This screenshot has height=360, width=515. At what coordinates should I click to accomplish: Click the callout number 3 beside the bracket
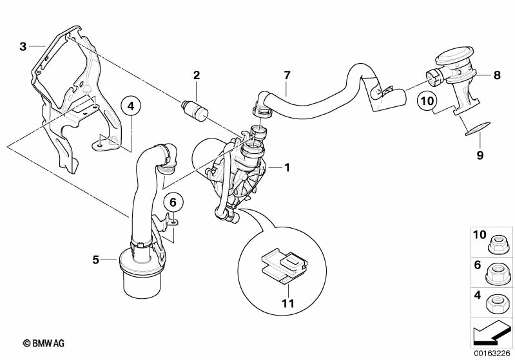[x=23, y=46]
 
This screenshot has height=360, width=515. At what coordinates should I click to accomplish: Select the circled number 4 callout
[x=131, y=106]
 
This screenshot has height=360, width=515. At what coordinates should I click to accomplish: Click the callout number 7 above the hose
[x=287, y=75]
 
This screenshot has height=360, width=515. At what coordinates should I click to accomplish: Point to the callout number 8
[x=497, y=75]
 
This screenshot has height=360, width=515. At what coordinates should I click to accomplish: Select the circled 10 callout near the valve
[x=427, y=100]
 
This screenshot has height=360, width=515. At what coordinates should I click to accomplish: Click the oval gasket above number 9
[x=478, y=128]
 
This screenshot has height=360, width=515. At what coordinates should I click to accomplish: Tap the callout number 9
[x=480, y=155]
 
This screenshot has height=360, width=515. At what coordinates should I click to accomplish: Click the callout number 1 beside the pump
[x=287, y=167]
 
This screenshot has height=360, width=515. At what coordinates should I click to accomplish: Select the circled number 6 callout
[x=173, y=203]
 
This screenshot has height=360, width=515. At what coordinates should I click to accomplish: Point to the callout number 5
[x=95, y=260]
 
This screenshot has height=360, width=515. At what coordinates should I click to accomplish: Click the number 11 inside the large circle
[x=287, y=303]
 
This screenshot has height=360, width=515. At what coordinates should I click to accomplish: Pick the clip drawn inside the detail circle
[x=284, y=265]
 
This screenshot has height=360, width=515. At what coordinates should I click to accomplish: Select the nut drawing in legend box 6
[x=497, y=274]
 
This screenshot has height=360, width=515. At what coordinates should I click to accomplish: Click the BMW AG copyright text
[x=44, y=344]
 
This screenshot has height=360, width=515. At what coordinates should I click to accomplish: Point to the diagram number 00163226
[x=492, y=353]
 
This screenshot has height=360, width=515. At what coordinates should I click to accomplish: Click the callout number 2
[x=197, y=75]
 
